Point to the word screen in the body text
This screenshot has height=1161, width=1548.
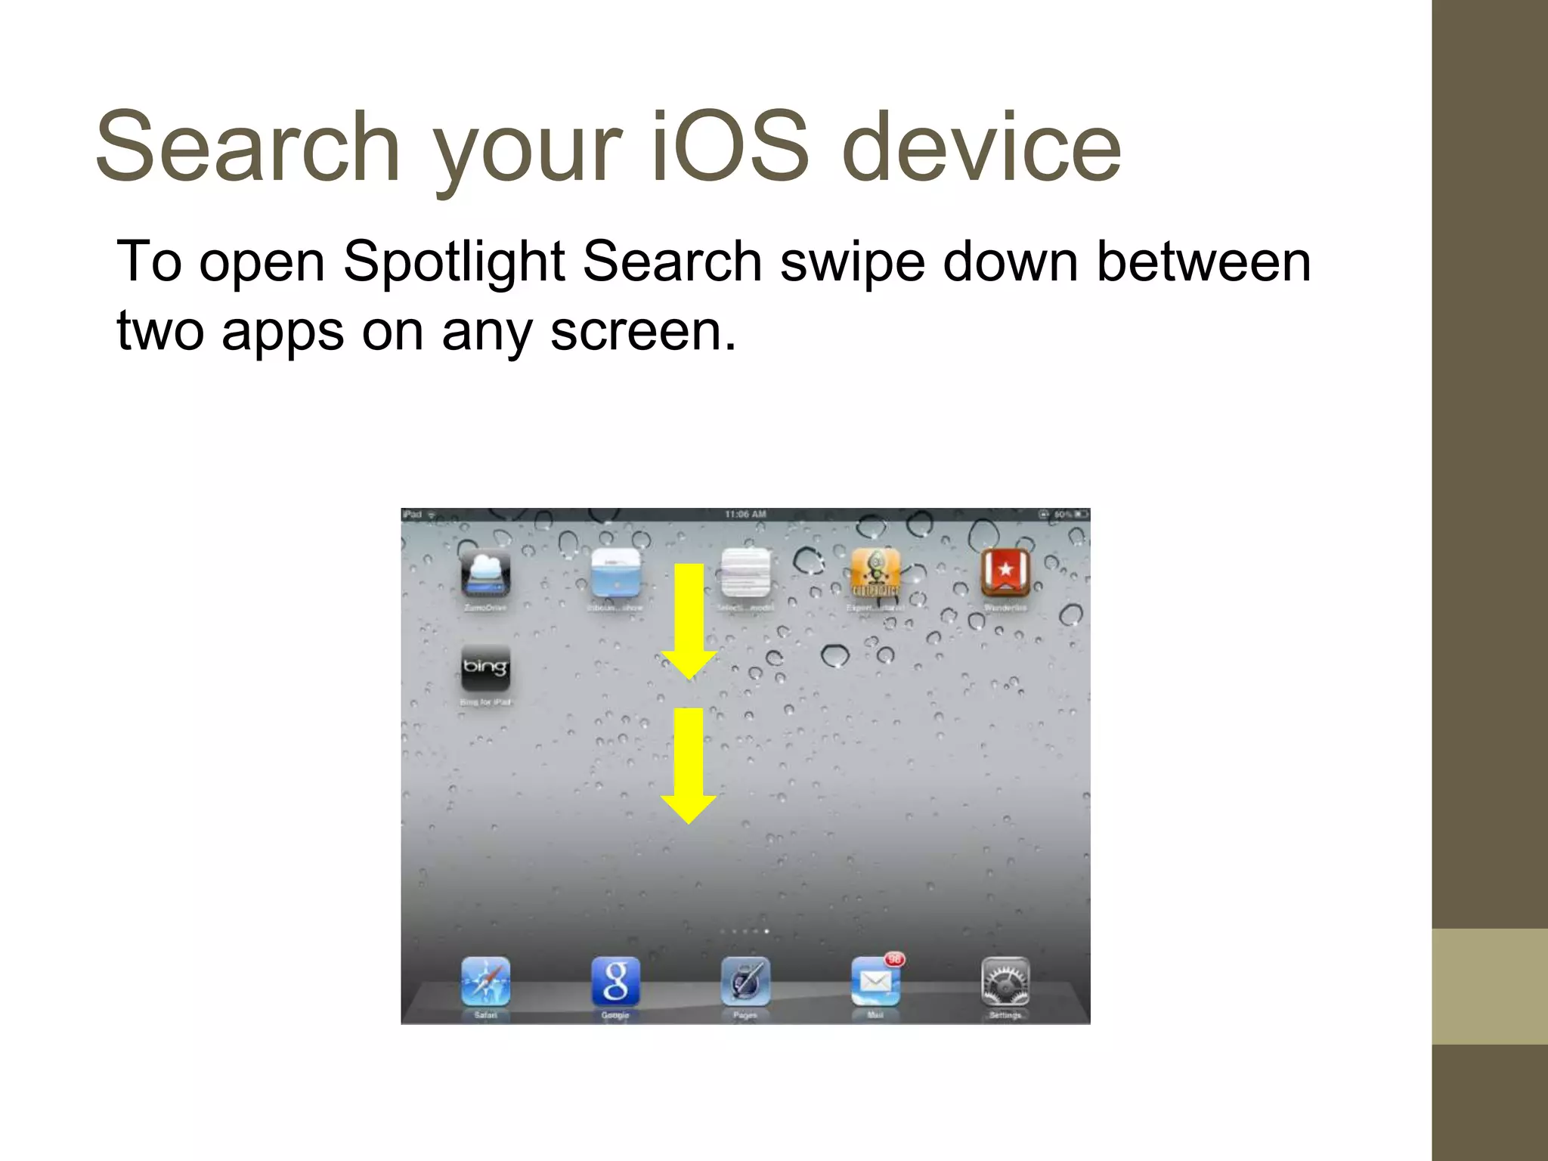click(642, 331)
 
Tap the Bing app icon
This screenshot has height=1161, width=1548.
click(485, 668)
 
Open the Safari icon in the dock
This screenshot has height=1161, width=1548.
click(485, 981)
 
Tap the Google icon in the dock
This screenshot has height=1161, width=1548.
click(615, 981)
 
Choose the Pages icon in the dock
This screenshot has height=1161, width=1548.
click(745, 981)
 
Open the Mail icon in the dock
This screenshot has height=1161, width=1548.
click(875, 982)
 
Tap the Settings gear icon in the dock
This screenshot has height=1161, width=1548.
click(1005, 982)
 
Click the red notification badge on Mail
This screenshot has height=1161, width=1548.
click(895, 959)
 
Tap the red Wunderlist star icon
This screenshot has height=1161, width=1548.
click(1005, 572)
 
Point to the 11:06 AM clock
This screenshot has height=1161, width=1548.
click(745, 515)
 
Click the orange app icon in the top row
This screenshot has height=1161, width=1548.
click(875, 572)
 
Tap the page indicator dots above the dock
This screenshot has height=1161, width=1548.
click(745, 931)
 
